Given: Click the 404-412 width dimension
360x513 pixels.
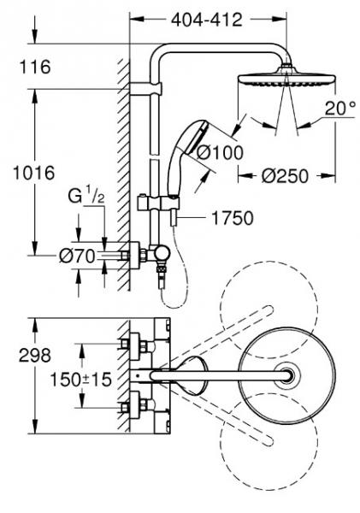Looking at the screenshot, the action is coord(207,20).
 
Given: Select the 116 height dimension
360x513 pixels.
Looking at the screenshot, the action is coord(35,67).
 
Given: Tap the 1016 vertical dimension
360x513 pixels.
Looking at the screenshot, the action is coord(33,173).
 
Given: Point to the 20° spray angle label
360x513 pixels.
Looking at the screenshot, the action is coord(340,108).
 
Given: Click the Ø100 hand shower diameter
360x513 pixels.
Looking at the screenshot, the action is coord(220,152).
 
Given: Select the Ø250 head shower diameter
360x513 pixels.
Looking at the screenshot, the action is coord(285,176).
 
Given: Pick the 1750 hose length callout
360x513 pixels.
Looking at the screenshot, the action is coord(233,218).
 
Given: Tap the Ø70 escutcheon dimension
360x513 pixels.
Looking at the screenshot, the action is coord(77,256).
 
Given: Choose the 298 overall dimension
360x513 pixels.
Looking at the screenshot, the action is coord(35,355).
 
